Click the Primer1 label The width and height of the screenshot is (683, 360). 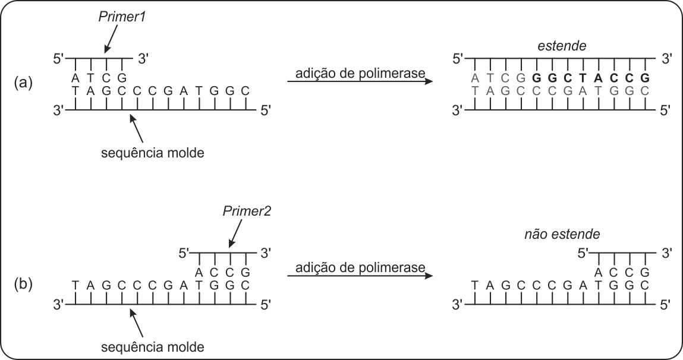tap(121, 18)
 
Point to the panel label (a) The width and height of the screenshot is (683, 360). tap(24, 84)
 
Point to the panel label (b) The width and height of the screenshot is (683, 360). tap(24, 284)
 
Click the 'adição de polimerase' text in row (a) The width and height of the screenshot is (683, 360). tap(355, 74)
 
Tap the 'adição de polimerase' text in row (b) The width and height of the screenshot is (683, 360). tap(355, 267)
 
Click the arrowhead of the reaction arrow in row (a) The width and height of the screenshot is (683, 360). tap(426, 81)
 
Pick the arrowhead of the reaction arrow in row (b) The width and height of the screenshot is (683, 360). tap(426, 276)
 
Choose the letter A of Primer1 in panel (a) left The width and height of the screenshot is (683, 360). tap(75, 78)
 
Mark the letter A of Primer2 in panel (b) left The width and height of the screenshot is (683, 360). tap(199, 271)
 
